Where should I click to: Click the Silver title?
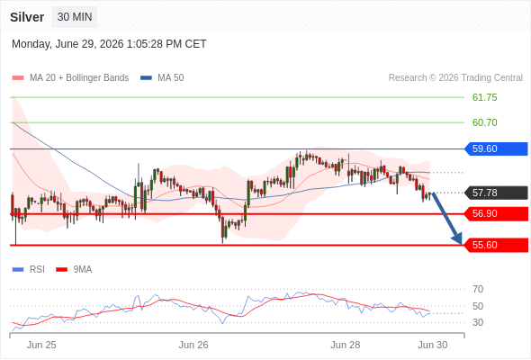pos(27,17)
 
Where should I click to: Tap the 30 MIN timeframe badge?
pos(75,16)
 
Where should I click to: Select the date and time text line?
pos(109,44)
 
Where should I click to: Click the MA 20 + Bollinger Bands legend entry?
pos(70,78)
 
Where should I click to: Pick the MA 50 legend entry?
pos(162,78)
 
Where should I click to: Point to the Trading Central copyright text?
pos(455,78)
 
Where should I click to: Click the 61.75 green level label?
pos(484,97)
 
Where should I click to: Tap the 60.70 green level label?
pos(484,122)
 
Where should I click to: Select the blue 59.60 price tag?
pos(496,148)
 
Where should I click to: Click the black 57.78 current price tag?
pos(496,193)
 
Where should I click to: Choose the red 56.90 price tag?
pos(496,213)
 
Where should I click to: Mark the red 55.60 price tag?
pos(496,245)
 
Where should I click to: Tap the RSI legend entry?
pos(29,270)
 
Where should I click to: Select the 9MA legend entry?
pos(74,270)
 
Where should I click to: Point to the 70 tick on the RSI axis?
pos(478,289)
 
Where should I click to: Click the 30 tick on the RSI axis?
pos(478,322)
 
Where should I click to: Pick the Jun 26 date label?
pos(193,345)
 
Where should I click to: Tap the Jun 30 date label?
pos(433,345)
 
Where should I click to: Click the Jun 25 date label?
pos(41,345)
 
